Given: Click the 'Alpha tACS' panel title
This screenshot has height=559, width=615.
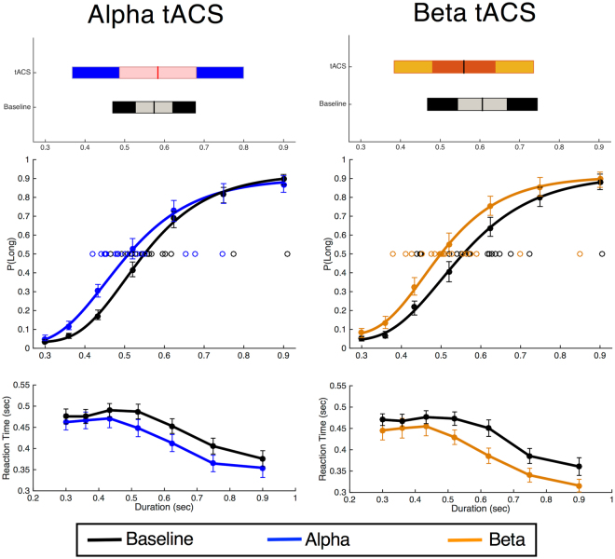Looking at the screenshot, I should [157, 16].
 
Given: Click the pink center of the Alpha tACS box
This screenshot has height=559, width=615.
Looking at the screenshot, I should [157, 73].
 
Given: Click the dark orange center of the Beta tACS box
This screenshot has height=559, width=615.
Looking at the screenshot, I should [464, 67].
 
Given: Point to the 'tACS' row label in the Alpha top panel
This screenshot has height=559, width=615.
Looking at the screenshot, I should [23, 73].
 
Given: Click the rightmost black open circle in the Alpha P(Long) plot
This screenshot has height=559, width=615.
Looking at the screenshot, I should [287, 253].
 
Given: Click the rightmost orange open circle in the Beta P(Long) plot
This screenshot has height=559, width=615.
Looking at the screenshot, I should [581, 253].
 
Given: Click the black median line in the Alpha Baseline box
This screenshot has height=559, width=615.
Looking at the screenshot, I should [155, 107].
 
